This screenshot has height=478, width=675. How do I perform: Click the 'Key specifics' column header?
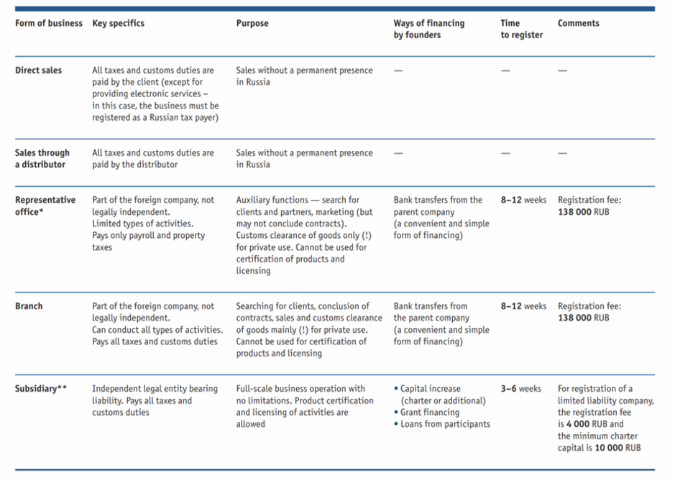119,23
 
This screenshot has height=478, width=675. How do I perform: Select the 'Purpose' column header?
252,23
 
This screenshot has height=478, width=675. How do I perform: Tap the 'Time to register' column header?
521,29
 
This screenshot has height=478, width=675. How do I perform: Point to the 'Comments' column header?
578,23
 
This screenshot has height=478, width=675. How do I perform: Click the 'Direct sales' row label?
38,70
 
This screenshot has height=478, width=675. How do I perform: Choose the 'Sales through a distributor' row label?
42,158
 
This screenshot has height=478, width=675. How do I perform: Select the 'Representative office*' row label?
45,206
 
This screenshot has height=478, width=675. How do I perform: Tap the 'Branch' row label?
29,306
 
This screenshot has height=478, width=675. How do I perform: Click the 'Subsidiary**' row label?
41,389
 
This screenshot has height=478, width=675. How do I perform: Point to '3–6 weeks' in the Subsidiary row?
521,389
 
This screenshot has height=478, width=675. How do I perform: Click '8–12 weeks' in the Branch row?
523,306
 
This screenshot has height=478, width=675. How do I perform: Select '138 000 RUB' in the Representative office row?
583,212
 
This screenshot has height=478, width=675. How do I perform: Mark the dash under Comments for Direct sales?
562,70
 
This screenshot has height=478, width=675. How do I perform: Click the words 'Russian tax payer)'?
184,118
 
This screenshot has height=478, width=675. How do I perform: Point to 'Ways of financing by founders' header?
428,29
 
